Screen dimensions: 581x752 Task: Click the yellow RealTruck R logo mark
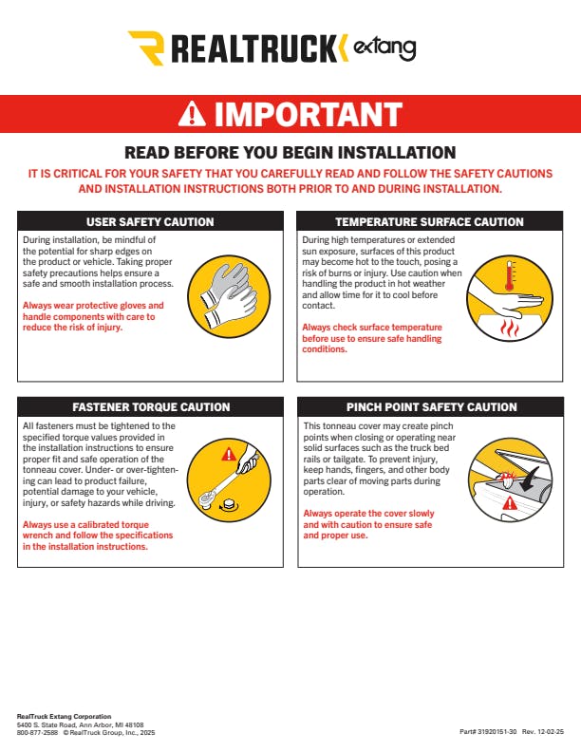pos(146,47)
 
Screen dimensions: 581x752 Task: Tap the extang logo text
pos(384,48)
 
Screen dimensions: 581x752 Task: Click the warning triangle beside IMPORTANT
pos(192,114)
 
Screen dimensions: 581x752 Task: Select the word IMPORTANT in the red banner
pos(308,114)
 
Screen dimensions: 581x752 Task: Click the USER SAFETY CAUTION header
pos(150,222)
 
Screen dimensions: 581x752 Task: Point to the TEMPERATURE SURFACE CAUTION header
pos(429,222)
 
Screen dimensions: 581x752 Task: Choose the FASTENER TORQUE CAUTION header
pos(151,407)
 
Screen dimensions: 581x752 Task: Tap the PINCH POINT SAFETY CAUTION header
pos(431,407)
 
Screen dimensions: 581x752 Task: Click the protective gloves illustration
pos(229,296)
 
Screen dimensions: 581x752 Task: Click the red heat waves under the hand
pos(509,329)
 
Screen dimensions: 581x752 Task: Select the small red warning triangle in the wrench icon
pos(229,454)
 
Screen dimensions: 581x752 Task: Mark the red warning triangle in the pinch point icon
pos(510,503)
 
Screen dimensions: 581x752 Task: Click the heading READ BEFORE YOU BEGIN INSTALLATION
pos(290,153)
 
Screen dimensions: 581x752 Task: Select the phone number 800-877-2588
pos(37,732)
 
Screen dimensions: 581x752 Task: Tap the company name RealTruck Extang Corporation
pos(64,717)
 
